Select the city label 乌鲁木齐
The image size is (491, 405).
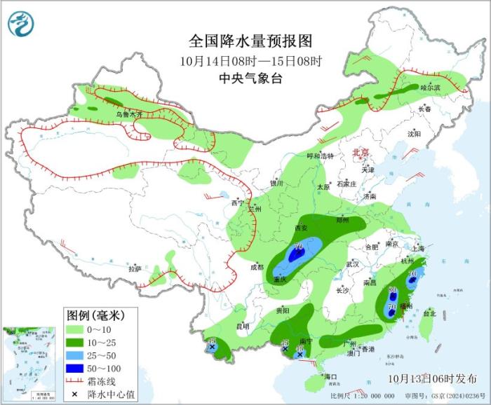point(129,114)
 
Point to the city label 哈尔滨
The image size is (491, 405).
point(430,88)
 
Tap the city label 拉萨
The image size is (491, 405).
point(135,268)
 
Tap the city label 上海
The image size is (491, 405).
point(418,248)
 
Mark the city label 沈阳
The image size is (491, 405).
point(414,133)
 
